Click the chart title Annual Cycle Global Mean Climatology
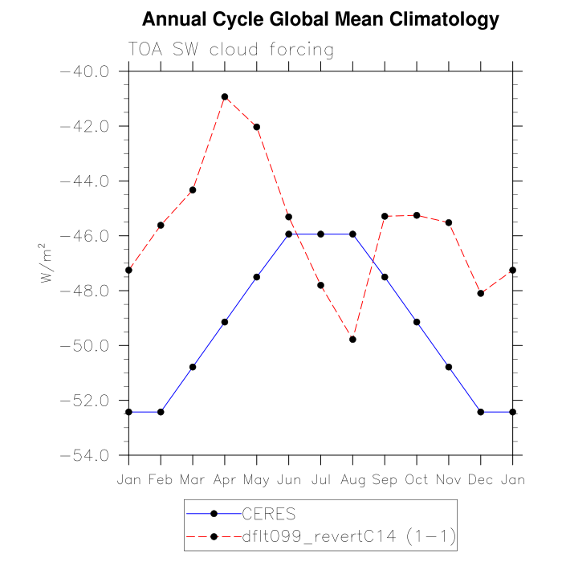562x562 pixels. [320, 19]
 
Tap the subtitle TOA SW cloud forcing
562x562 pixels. [230, 50]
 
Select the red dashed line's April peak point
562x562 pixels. [225, 96]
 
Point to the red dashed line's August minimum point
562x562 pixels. [352, 340]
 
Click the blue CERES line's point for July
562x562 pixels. [320, 234]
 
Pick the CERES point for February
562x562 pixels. [161, 412]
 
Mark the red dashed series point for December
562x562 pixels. [481, 293]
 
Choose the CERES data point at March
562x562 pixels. [193, 367]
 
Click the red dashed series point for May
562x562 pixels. [257, 127]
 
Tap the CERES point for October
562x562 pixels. [417, 322]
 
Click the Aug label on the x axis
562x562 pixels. [352, 479]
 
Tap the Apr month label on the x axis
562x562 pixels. [225, 479]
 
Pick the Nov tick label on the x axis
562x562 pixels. [449, 479]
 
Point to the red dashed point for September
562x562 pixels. [385, 216]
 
